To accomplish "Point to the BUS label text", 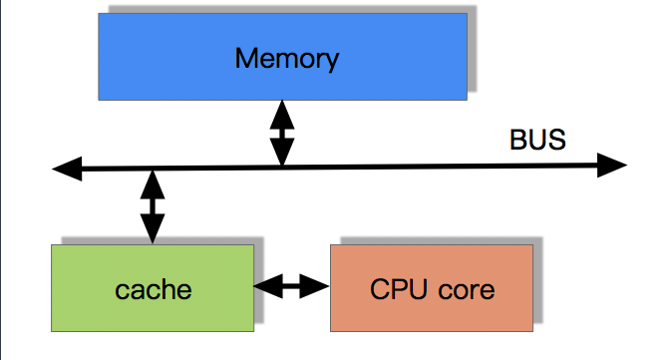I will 537,140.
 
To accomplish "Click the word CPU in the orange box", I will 398,289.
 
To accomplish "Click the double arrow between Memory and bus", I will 283,133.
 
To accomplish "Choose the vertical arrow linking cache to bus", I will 153,207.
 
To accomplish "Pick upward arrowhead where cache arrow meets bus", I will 153,182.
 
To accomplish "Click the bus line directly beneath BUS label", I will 537,167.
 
